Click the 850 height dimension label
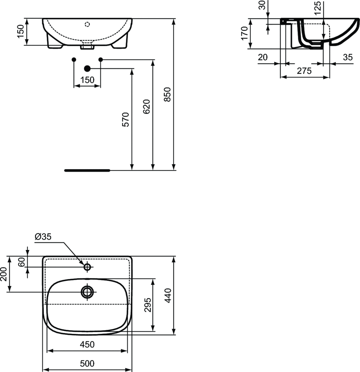[x=168, y=94]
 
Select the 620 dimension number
[x=147, y=106]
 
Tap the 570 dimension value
[x=126, y=119]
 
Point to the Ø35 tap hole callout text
[x=43, y=236]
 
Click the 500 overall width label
[x=87, y=363]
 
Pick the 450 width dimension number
[x=87, y=344]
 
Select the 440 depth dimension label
[x=168, y=295]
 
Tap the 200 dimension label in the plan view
[x=3, y=274]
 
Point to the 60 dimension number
[x=21, y=262]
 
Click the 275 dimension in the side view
[x=304, y=71]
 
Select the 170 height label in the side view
[x=244, y=33]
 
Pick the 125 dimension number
[x=317, y=8]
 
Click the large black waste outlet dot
[x=87, y=69]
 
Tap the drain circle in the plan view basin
[x=87, y=292]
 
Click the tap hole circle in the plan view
[x=87, y=267]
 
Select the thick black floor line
[x=87, y=170]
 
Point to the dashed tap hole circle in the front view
[x=87, y=24]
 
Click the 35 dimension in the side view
[x=348, y=57]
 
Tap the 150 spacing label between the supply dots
[x=87, y=80]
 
